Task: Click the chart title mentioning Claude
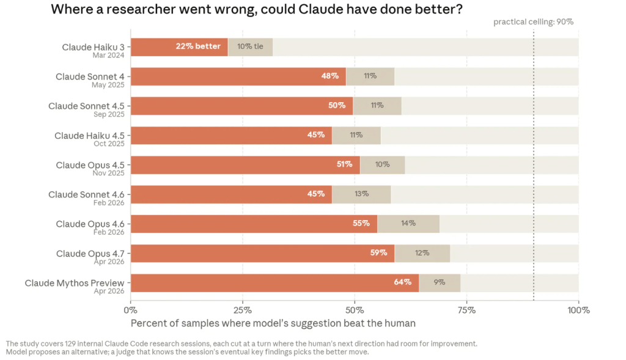pos(257,9)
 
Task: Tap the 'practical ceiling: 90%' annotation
pos(533,22)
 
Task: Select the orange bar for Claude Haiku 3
pos(179,47)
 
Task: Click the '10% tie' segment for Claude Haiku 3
pos(250,47)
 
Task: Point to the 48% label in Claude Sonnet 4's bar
pos(330,76)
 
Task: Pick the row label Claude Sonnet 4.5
pos(86,106)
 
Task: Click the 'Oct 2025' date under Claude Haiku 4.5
pos(109,144)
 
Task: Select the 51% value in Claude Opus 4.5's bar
pos(344,164)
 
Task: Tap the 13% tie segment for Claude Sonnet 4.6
pos(361,194)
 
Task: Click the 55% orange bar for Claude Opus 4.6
pos(254,224)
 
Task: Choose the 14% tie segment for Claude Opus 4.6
pos(408,224)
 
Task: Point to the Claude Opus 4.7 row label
pos(90,254)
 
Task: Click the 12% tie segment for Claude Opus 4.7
pos(422,254)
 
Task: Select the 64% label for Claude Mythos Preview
pos(402,282)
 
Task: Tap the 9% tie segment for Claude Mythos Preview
pos(440,283)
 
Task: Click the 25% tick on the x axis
pos(242,310)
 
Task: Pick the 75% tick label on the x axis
pos(466,310)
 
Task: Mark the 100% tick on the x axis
pos(578,310)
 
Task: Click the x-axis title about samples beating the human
pos(273,323)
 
